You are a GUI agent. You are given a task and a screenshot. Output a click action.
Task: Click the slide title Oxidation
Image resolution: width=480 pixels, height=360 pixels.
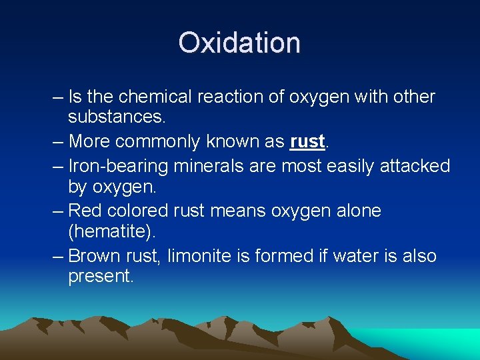pos(239,43)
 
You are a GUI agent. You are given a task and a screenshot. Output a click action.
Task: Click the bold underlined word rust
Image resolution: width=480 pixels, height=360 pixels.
pos(307,142)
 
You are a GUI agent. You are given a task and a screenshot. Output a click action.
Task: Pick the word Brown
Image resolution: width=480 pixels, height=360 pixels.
pos(95,256)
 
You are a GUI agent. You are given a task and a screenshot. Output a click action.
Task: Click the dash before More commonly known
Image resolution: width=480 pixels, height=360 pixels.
pos(57,142)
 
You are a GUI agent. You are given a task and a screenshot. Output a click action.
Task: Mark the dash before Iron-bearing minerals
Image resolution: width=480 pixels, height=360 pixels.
pos(57,165)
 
